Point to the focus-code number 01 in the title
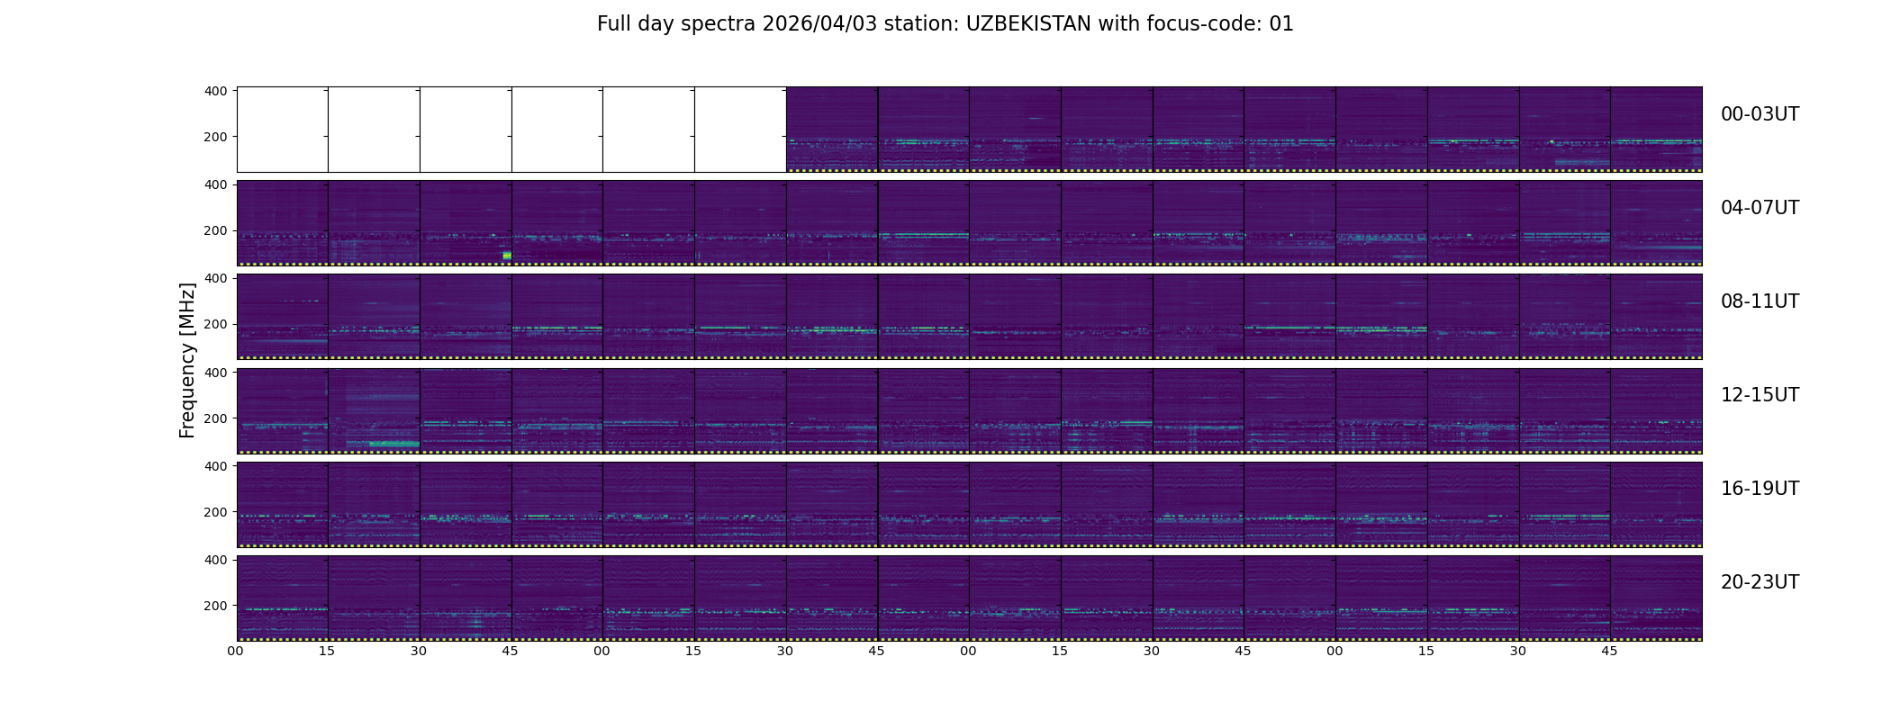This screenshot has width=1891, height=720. [1281, 24]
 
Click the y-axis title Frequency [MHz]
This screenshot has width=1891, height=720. [187, 360]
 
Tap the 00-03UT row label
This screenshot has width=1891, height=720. [1760, 114]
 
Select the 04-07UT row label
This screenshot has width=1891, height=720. [1760, 208]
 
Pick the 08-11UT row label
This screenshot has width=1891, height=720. [1760, 301]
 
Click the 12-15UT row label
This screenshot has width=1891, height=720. [1760, 395]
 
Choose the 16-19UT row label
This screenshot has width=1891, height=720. [1760, 489]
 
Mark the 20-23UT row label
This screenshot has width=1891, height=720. [1760, 582]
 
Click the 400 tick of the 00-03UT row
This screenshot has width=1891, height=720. [216, 91]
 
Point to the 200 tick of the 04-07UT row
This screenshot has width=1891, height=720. [216, 231]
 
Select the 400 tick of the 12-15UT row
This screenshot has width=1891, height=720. [216, 372]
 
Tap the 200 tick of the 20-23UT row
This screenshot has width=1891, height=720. [216, 606]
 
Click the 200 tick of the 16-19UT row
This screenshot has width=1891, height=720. [216, 512]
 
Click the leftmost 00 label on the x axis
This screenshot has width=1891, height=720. [236, 652]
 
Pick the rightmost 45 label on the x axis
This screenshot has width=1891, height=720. [1610, 652]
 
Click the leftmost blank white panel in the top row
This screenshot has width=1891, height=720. [283, 130]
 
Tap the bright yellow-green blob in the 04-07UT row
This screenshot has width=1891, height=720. [507, 256]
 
